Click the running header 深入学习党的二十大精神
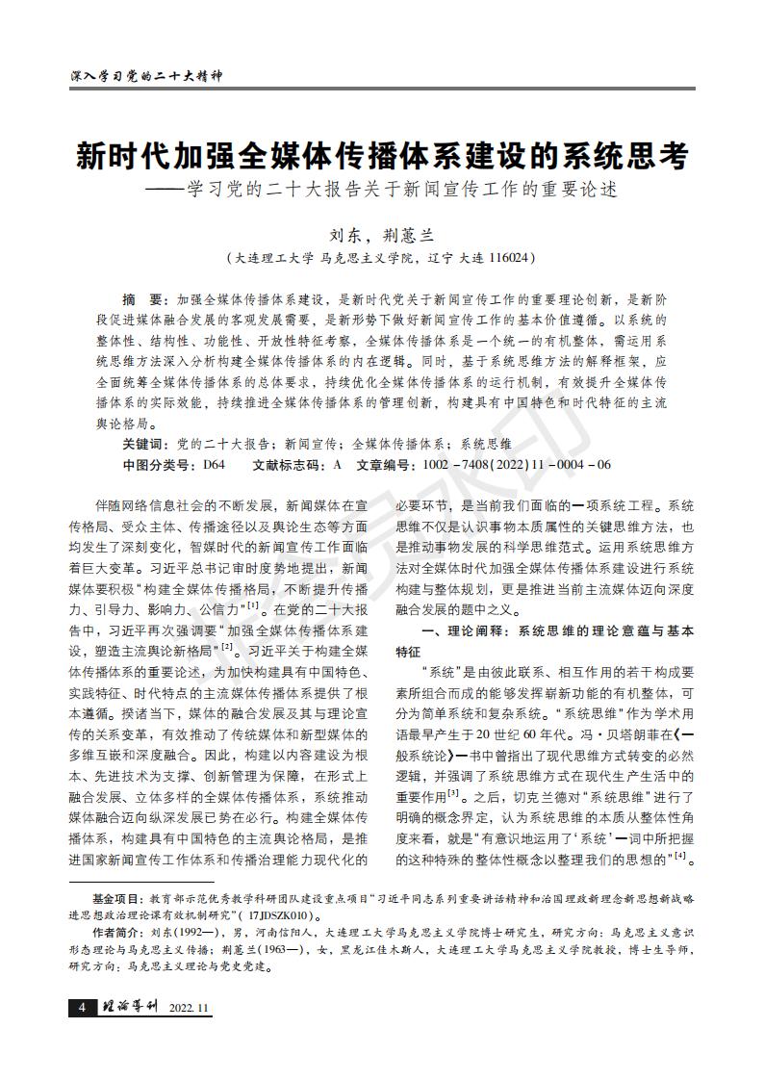[147, 76]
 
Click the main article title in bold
[382, 155]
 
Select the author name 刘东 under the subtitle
[345, 235]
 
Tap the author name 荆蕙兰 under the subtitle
[409, 235]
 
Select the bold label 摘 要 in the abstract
[144, 299]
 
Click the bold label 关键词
[143, 444]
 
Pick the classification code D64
[214, 465]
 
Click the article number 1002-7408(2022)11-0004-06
[517, 465]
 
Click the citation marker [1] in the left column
[253, 604]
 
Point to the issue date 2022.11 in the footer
[189, 1008]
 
